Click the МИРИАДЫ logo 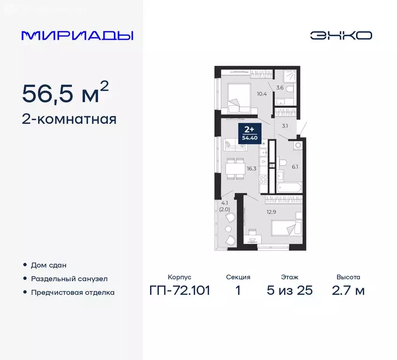click(x=77, y=36)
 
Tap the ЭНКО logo click(x=341, y=36)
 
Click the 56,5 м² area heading click(x=66, y=94)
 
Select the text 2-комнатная click(x=69, y=119)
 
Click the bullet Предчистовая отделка click(x=73, y=292)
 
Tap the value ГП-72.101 click(x=180, y=290)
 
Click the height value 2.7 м click(x=348, y=290)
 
